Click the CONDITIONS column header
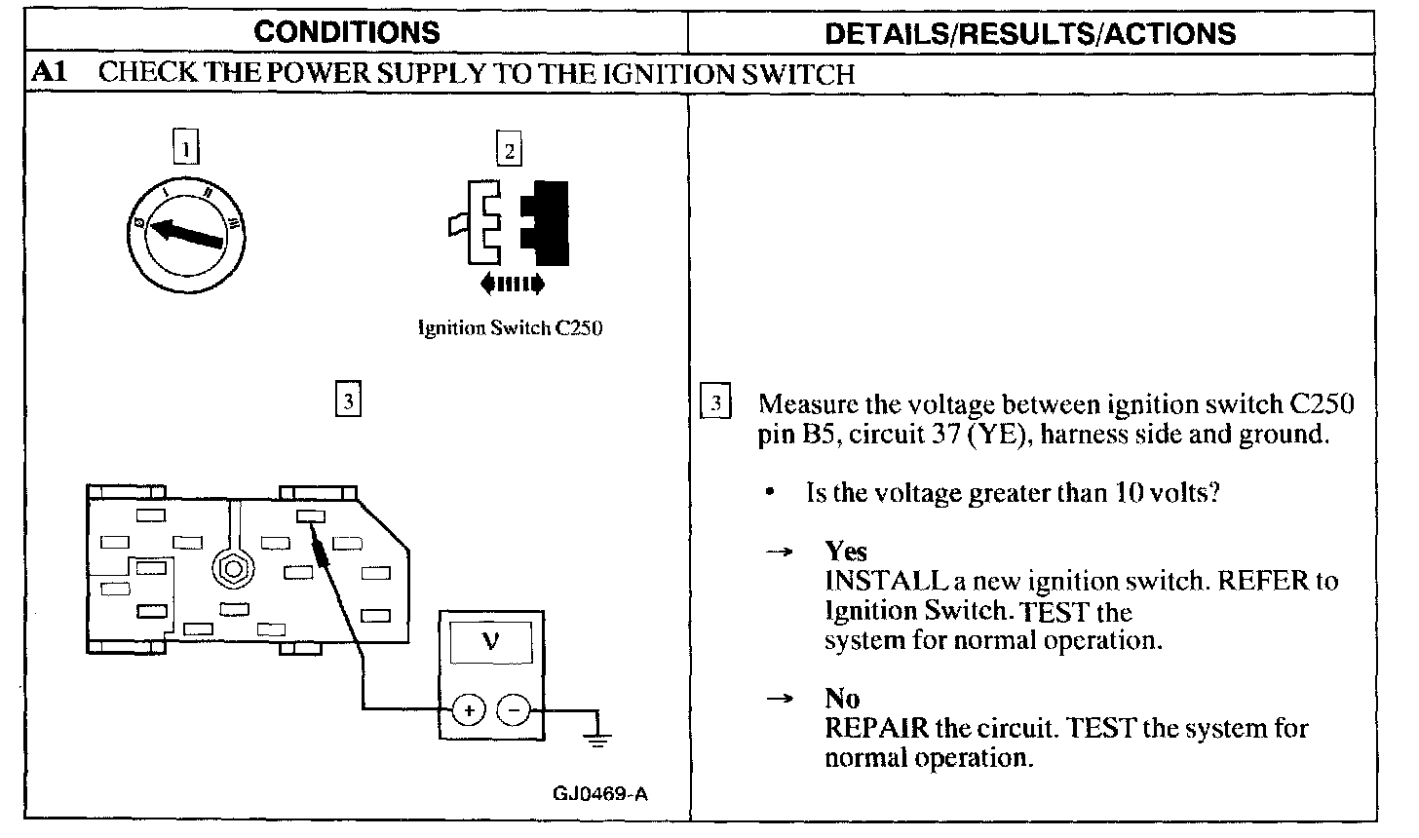pyautogui.click(x=347, y=32)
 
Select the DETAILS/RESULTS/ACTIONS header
pyautogui.click(x=1030, y=33)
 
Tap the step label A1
pyautogui.click(x=49, y=73)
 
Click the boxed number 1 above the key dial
pyautogui.click(x=184, y=148)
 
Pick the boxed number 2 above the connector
pyautogui.click(x=509, y=150)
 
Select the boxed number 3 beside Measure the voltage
pyautogui.click(x=716, y=403)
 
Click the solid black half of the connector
pyautogui.click(x=547, y=222)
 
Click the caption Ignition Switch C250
pyautogui.click(x=510, y=328)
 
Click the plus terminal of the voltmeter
pyautogui.click(x=469, y=710)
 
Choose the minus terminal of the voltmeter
pyautogui.click(x=515, y=710)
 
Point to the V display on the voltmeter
pyautogui.click(x=490, y=644)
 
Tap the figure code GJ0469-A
pyautogui.click(x=599, y=792)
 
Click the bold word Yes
pyautogui.click(x=845, y=552)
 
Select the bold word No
pyautogui.click(x=842, y=699)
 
